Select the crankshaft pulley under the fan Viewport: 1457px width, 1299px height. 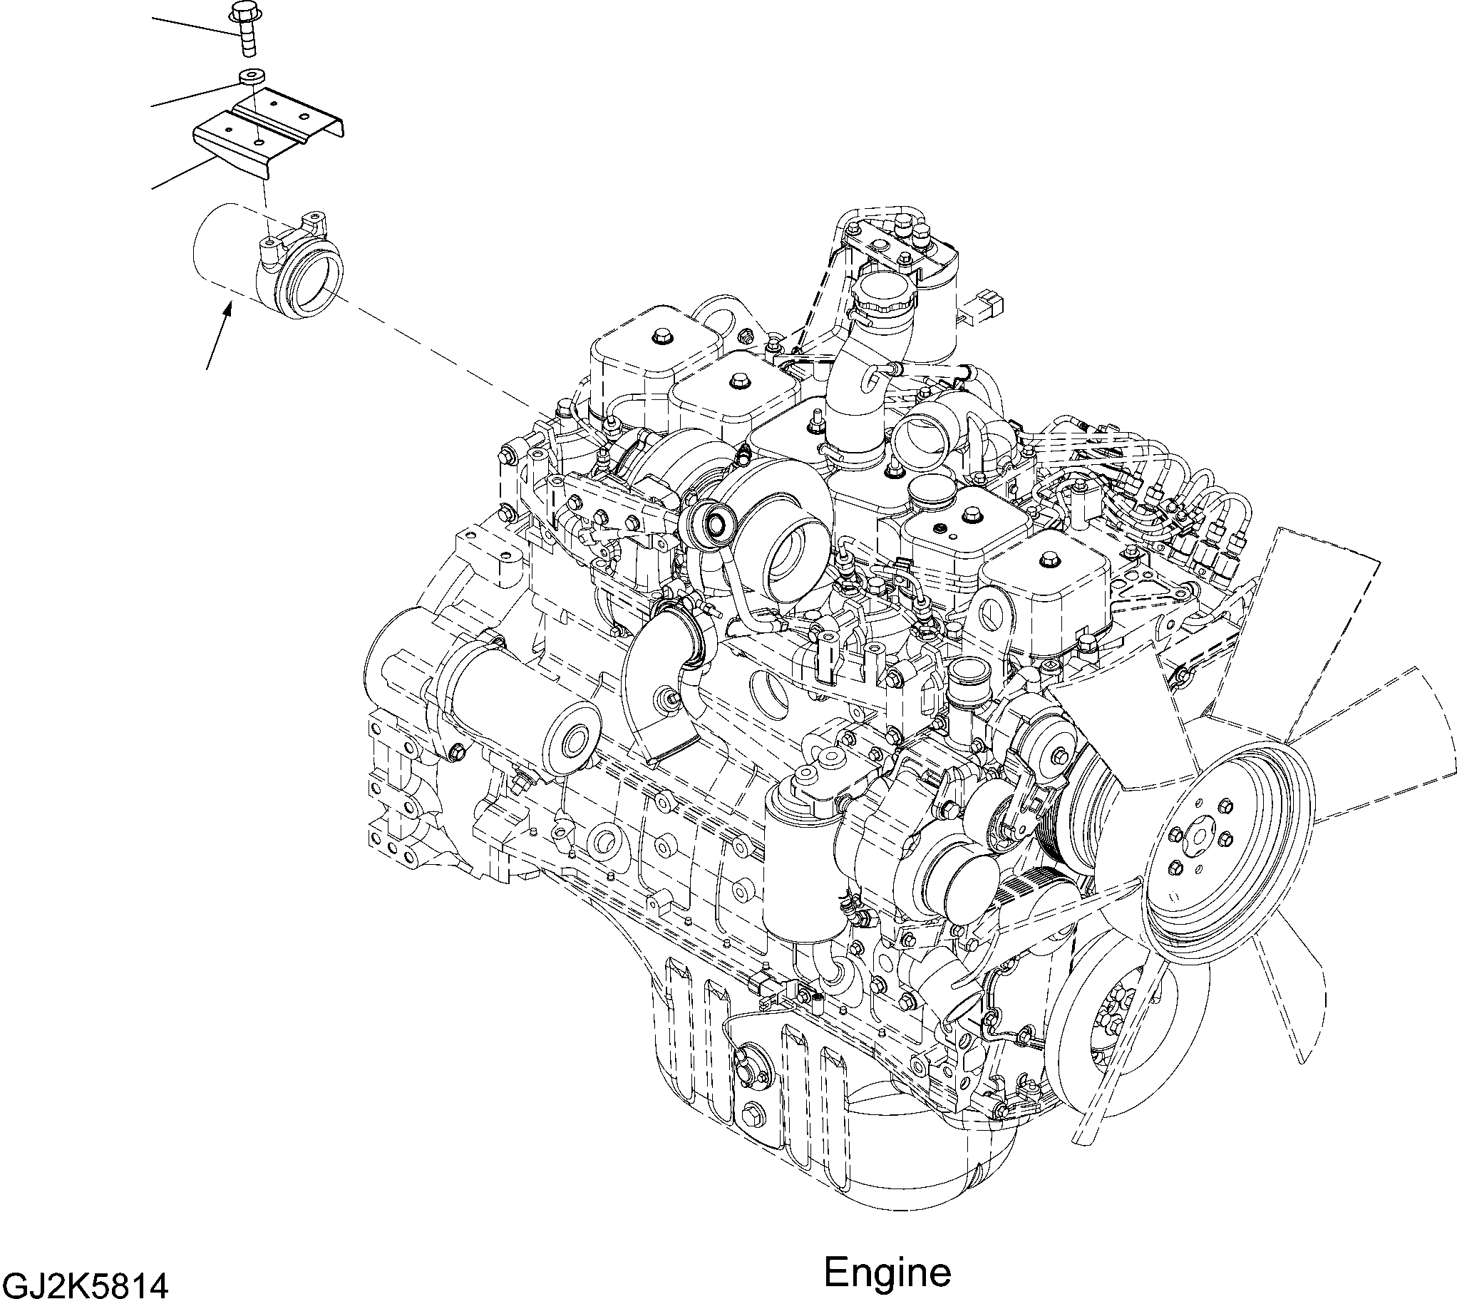(x=1113, y=1039)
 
